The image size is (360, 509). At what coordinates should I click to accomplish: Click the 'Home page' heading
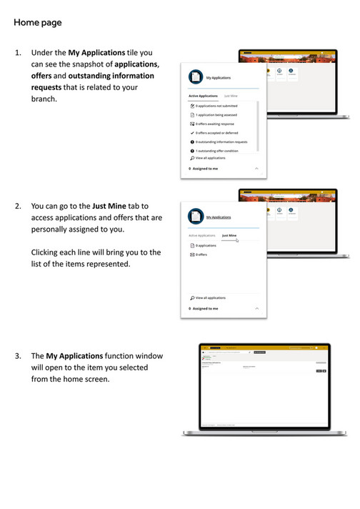[x=37, y=23]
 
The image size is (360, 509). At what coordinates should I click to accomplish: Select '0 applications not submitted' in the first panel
[x=216, y=106]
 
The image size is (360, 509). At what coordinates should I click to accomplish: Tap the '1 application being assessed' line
[x=217, y=114]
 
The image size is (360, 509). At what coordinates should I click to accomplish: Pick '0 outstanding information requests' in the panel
[x=221, y=142]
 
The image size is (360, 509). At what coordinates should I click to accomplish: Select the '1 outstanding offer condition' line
[x=217, y=151]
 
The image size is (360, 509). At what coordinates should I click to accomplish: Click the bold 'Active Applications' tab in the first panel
[x=203, y=96]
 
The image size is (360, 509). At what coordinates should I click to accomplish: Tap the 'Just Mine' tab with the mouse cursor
[x=229, y=235]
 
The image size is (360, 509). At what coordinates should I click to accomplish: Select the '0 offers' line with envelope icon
[x=201, y=254]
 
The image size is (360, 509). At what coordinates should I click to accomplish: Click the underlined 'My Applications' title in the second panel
[x=219, y=217]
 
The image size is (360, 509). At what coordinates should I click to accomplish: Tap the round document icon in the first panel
[x=195, y=77]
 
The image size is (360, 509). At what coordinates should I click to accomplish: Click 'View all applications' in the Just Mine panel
[x=209, y=297]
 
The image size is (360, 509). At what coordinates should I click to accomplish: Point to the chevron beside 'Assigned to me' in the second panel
[x=256, y=308]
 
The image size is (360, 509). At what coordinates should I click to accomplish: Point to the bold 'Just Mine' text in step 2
[x=109, y=206]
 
